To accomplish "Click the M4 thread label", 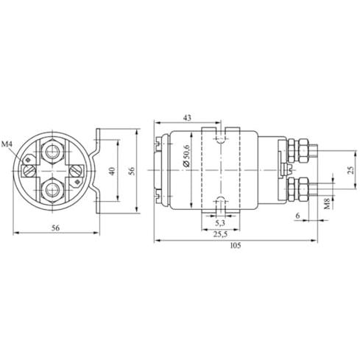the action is tap(7, 144).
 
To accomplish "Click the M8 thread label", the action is tap(327, 204).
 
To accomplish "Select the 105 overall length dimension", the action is tap(236, 245).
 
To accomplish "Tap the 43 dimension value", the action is tap(187, 118).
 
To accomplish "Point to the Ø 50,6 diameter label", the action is tap(186, 156).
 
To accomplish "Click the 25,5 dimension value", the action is tap(220, 234).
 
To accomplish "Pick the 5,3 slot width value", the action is tap(220, 223).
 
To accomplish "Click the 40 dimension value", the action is tap(112, 171).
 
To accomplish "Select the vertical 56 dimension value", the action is tap(132, 171).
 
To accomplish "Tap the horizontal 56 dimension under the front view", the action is tap(55, 227).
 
